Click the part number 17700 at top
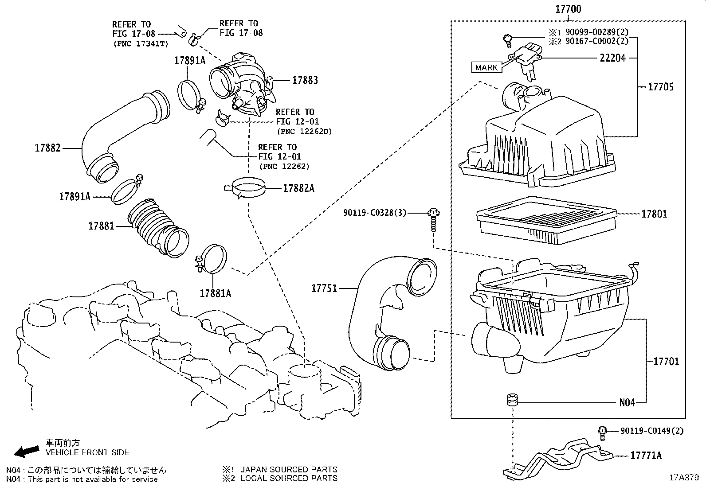tap(568, 9)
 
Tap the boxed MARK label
tap(486, 67)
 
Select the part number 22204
tap(612, 58)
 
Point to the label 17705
tap(660, 87)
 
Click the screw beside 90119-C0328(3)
tap(433, 220)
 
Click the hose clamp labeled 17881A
tap(212, 262)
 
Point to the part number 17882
tap(47, 148)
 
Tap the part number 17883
tap(305, 80)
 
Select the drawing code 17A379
tap(684, 478)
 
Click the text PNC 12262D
tap(304, 132)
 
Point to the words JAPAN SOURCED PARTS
tap(288, 469)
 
